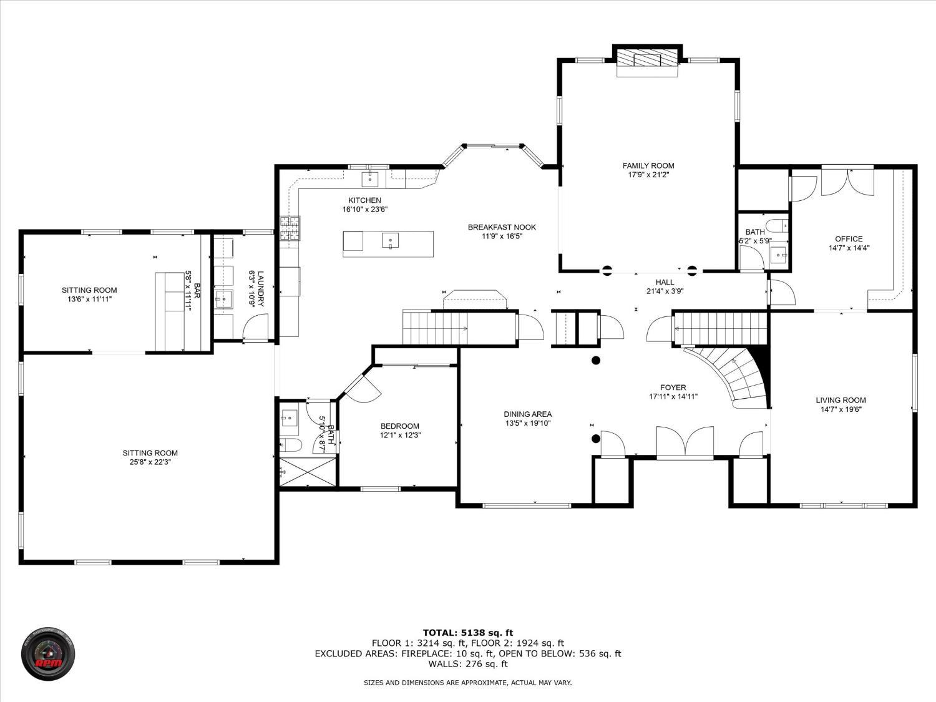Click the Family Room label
click(648, 166)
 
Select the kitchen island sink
click(390, 240)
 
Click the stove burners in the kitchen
click(290, 228)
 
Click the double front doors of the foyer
click(685, 442)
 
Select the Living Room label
click(841, 400)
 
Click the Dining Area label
click(527, 414)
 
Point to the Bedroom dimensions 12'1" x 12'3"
click(400, 435)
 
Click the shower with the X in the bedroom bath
click(308, 471)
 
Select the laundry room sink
click(223, 299)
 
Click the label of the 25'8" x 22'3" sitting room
click(150, 453)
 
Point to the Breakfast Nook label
click(502, 227)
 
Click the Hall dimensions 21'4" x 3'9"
click(665, 291)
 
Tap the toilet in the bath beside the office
click(776, 225)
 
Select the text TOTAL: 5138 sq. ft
click(468, 633)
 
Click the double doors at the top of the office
click(847, 182)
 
